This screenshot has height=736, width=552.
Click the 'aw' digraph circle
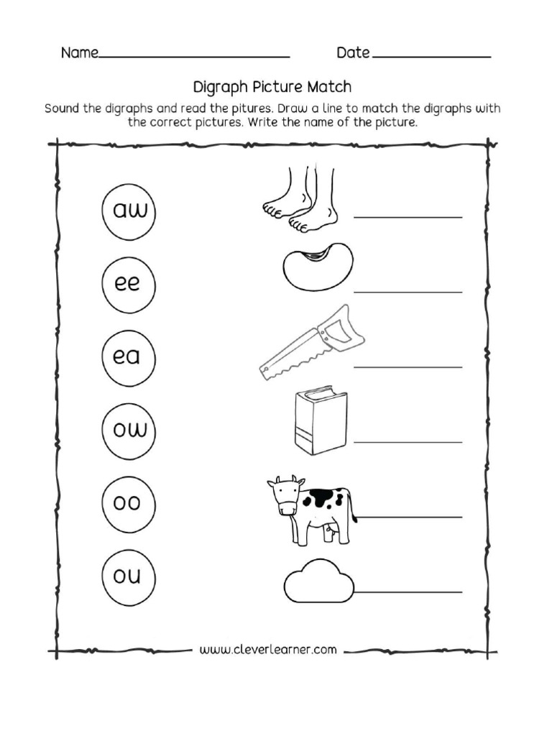click(129, 211)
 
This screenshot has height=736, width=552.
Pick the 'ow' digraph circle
click(129, 430)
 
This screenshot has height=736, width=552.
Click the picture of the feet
click(300, 201)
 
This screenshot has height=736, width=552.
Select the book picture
click(320, 422)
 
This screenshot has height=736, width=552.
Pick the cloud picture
click(319, 583)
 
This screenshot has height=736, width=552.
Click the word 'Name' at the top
click(78, 53)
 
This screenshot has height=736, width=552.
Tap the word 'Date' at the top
click(353, 53)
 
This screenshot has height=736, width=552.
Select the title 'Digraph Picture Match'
click(272, 87)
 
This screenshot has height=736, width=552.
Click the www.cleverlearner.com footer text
click(268, 650)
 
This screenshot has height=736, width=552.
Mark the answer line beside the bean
click(408, 292)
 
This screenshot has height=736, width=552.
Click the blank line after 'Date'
click(432, 56)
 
